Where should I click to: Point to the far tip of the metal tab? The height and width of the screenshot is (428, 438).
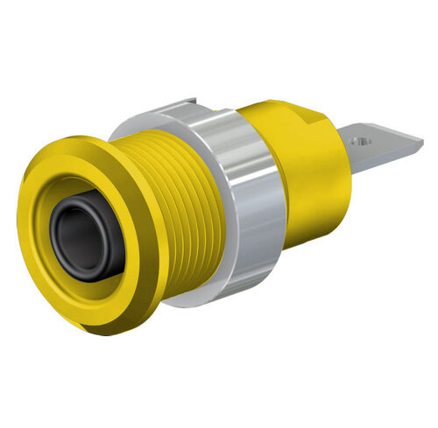tap(421, 156)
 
